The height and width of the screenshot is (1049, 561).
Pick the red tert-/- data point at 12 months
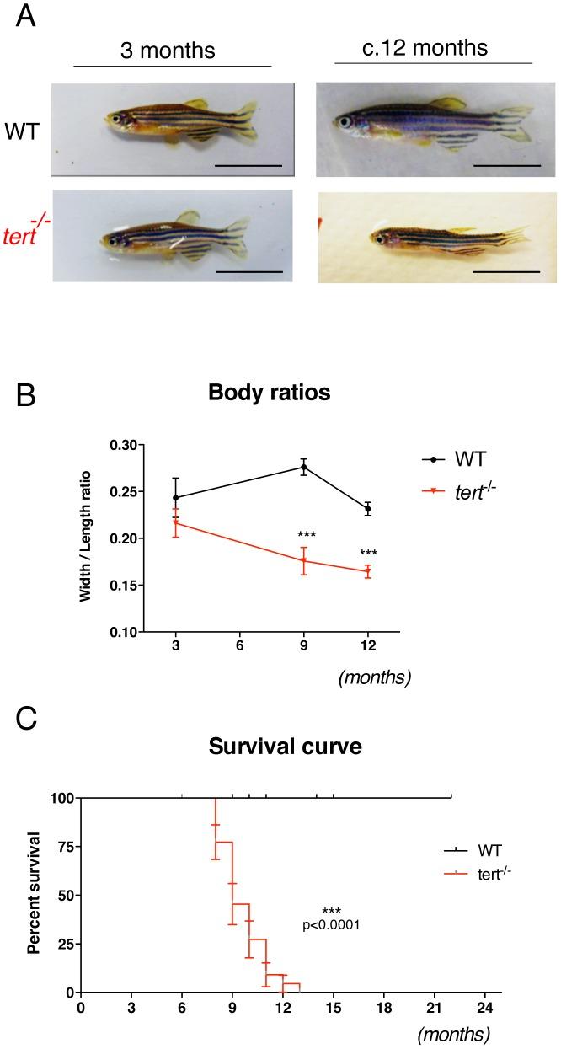tap(368, 571)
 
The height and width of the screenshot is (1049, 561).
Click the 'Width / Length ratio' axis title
tap(86, 536)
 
